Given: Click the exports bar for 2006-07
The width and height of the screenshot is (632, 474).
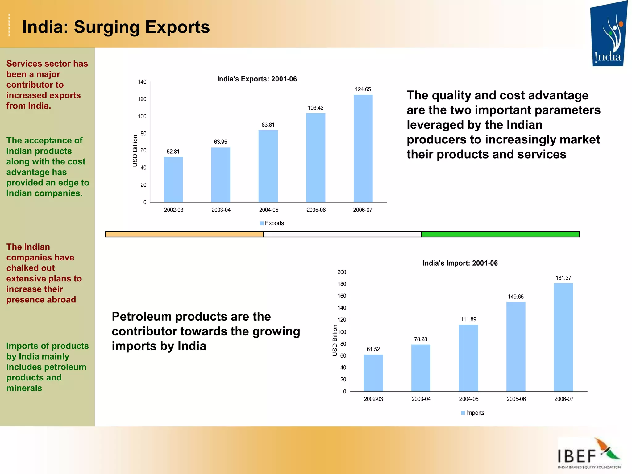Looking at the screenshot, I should coord(363,148).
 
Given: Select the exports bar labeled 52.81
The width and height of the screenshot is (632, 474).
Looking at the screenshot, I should coord(173,180).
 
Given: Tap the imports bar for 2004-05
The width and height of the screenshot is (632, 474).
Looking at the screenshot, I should coord(468,358).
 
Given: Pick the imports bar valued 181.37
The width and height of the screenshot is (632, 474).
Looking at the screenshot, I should coord(563,337).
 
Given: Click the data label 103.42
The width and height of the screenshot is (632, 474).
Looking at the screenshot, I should coord(316,108).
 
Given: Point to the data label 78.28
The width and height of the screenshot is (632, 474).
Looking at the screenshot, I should coord(421,339).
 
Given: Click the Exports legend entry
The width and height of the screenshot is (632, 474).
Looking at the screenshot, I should coord(272,223).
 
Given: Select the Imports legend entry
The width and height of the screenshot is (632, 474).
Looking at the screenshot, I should coord(473,413).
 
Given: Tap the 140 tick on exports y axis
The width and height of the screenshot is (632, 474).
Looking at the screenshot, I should coord(142,82).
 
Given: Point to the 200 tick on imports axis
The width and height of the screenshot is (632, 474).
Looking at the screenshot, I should coord(342,272).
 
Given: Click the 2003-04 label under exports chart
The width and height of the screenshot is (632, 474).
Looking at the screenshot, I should coord(221,210).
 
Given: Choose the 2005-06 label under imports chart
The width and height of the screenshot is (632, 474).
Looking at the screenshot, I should coord(516,399).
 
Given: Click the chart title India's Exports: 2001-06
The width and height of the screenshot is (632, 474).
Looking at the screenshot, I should coord(257,79).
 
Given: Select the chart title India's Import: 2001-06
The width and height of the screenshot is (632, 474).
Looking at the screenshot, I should coord(460,263).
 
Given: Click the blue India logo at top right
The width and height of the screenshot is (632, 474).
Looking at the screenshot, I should coord(608,34).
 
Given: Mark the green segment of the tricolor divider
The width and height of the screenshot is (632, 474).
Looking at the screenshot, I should coord(500,235).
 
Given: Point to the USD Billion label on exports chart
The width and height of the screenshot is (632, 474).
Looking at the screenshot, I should coord(135,151).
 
